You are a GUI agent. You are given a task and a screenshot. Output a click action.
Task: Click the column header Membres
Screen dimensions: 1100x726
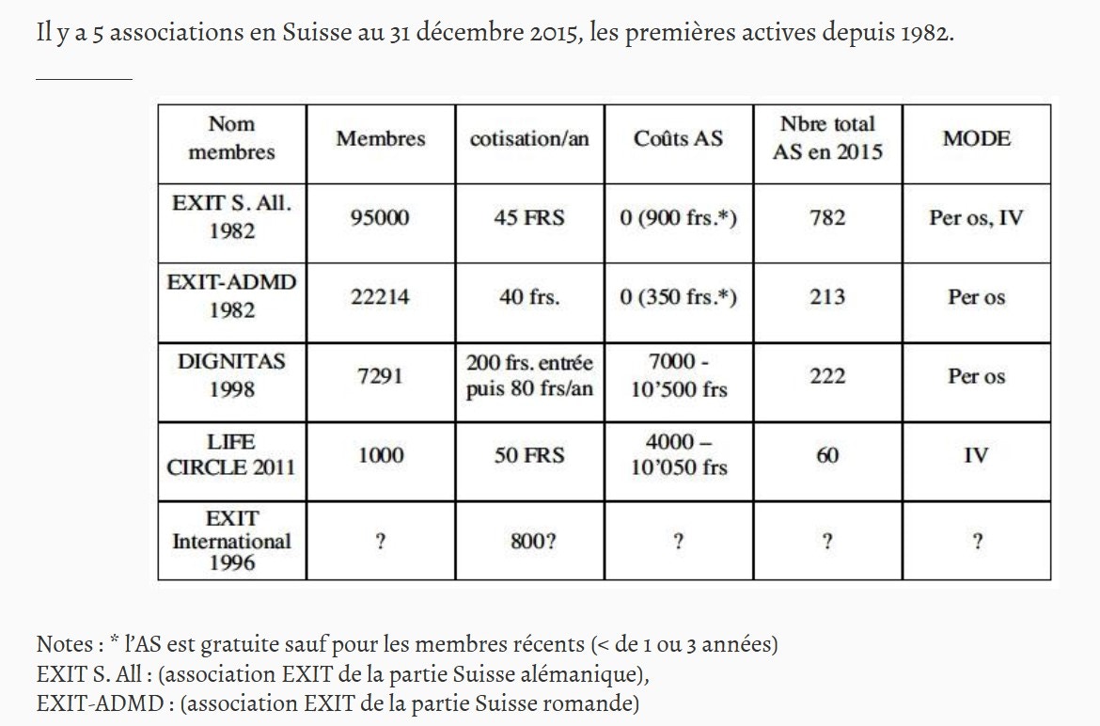[380, 139]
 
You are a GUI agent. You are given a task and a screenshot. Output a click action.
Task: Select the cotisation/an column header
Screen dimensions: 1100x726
[529, 139]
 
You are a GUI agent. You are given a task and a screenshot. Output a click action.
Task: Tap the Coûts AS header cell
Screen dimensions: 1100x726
[679, 138]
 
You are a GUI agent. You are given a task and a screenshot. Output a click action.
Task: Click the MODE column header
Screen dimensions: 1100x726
[977, 138]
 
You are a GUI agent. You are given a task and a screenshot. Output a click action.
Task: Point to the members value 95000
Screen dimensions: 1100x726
[380, 217]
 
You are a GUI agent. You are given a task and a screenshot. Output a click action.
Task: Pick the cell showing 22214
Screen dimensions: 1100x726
[380, 297]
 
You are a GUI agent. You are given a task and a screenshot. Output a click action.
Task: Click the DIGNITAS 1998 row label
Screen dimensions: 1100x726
[231, 375]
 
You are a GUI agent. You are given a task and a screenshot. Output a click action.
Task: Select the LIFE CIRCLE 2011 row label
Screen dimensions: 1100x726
[231, 454]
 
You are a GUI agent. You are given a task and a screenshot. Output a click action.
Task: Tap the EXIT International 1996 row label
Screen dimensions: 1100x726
[231, 540]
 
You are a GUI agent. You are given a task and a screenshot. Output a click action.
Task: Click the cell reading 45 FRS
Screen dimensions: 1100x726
[529, 217]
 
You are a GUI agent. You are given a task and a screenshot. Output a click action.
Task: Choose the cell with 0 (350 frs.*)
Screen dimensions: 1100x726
[679, 297]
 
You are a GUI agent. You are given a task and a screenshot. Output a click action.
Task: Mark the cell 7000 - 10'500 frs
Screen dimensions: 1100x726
[679, 375]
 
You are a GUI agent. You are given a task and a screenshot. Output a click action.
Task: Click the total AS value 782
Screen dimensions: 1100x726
[827, 217]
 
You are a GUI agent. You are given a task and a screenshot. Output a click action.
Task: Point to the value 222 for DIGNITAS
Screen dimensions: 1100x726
[827, 376]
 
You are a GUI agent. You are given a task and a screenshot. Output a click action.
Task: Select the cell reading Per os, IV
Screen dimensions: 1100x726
[977, 217]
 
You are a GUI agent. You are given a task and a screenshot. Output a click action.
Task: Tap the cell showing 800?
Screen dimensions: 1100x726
[533, 542]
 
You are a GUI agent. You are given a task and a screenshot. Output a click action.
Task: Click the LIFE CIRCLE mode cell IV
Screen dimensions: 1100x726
[977, 455]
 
